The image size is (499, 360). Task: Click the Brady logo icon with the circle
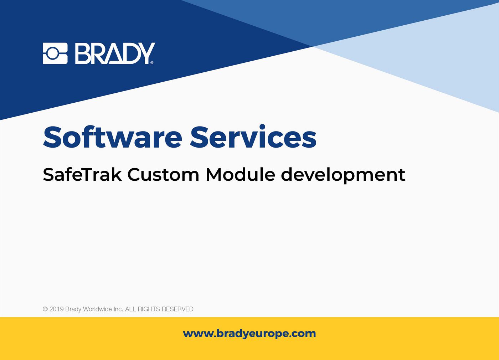pos(55,53)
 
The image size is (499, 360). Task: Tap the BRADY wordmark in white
pos(114,53)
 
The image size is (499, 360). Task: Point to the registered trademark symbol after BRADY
pos(152,63)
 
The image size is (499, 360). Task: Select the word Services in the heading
pos(253,137)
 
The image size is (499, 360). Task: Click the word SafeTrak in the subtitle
pos(82,175)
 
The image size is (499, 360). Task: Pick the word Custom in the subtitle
pos(163,175)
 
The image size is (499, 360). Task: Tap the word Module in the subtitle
pos(240,175)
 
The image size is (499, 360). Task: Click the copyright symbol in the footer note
pos(45,309)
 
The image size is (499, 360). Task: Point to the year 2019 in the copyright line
pos(56,309)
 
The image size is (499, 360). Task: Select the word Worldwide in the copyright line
pos(97,309)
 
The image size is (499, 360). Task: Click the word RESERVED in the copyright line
pos(178,309)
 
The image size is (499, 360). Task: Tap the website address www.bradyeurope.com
pos(249,334)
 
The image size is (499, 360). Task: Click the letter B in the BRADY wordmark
pos(82,53)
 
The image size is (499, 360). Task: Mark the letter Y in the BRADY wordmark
pos(146,53)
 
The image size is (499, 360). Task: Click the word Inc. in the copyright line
pos(118,309)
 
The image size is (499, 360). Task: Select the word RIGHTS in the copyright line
pos(149,309)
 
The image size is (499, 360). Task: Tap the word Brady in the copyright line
pos(73,309)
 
